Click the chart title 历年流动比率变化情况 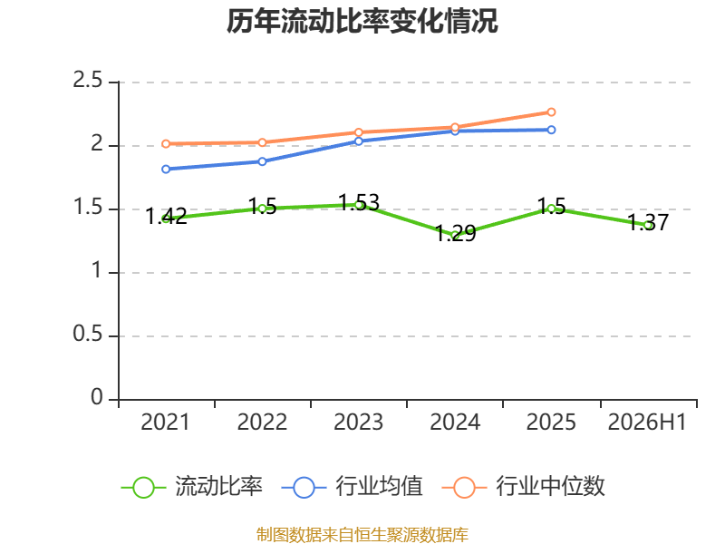[362, 21]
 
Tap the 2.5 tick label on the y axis [87, 81]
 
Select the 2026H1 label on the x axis [647, 423]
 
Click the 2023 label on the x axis [358, 423]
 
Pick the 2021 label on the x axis [165, 423]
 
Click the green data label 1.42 [166, 217]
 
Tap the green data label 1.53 [359, 202]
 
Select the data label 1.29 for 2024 [456, 233]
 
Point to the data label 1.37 [648, 222]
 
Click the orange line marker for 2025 [551, 112]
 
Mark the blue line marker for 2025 [551, 130]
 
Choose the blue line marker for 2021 [166, 170]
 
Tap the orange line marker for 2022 [262, 142]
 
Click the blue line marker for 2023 [358, 141]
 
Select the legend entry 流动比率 [191, 487]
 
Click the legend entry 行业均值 [352, 487]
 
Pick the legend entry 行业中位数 [524, 487]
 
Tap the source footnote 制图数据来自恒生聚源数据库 [362, 535]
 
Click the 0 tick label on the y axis [97, 397]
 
